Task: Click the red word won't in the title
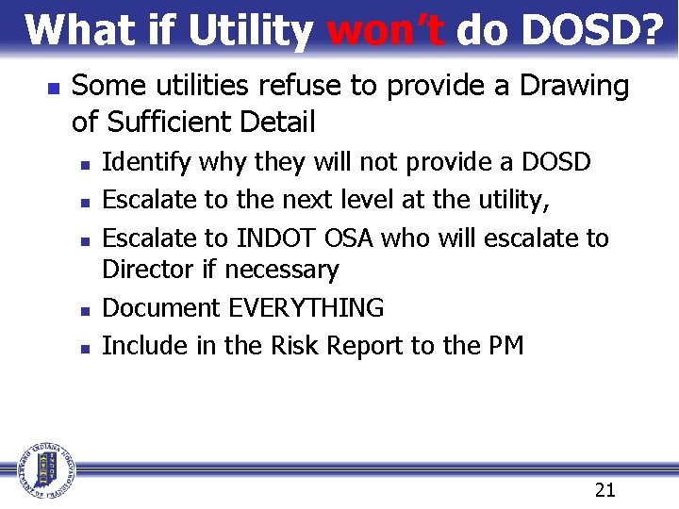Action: click(385, 30)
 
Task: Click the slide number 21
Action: click(605, 489)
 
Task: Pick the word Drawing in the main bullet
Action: click(575, 87)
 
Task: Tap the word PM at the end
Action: click(505, 346)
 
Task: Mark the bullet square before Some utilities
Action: click(53, 88)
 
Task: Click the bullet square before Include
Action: click(85, 348)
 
